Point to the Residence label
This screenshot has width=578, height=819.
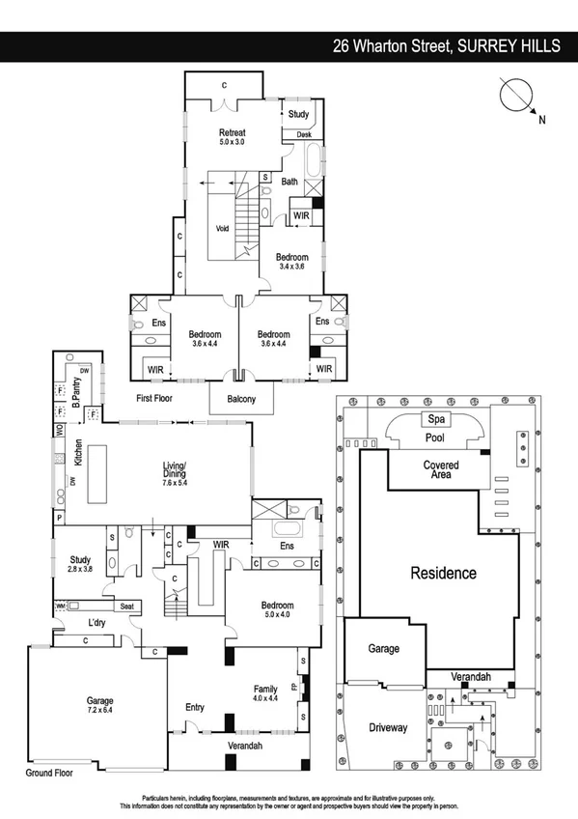tap(444, 573)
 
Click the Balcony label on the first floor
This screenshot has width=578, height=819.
tap(235, 399)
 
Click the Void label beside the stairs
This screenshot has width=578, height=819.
tap(222, 229)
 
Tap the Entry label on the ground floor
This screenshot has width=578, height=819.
tap(195, 708)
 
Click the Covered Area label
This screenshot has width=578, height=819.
tap(441, 470)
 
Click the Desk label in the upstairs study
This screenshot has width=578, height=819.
tap(303, 135)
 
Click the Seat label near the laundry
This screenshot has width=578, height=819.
tap(126, 606)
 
